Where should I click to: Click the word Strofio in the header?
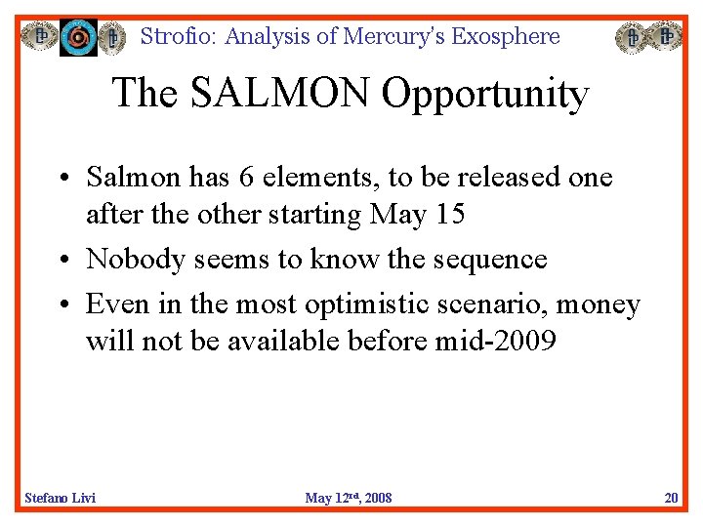(x=180, y=37)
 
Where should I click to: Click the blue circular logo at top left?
(x=78, y=37)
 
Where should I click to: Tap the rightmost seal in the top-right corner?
(x=667, y=37)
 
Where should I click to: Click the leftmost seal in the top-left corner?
(x=40, y=37)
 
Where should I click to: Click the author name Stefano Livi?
(x=60, y=498)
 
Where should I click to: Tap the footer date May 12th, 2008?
(x=349, y=498)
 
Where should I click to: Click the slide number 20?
(x=671, y=498)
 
